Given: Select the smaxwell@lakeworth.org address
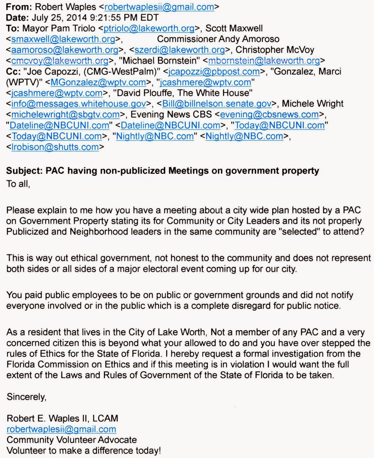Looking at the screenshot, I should point(63,39).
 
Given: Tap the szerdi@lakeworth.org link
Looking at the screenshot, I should point(179,50).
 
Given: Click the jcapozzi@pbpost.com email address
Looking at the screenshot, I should point(214,71).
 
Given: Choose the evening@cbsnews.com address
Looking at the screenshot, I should point(269,114).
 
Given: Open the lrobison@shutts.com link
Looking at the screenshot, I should point(55,147).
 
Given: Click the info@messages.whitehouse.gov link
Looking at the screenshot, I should point(79,103).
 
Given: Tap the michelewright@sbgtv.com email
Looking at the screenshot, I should point(65,114).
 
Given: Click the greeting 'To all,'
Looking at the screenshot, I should point(18,183).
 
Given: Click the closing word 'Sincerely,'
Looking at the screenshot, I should point(26,397).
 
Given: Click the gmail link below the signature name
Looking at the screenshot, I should point(61,429).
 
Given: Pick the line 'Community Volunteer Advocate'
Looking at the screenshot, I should point(71,440).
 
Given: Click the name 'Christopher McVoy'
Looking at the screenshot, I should point(275,50).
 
